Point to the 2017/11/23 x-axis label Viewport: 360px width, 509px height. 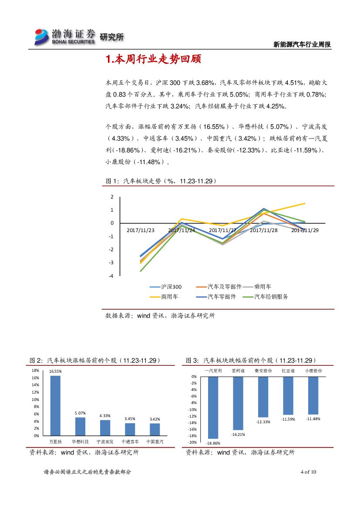(x=140, y=230)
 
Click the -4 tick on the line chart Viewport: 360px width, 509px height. (x=111, y=276)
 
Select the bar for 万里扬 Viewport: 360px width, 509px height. (x=55, y=405)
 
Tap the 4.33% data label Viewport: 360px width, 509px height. (x=105, y=416)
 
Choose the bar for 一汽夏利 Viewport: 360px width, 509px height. (x=213, y=408)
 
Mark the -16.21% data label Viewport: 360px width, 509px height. (x=238, y=435)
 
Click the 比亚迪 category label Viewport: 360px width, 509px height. (x=288, y=371)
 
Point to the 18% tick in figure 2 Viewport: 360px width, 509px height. (x=36, y=371)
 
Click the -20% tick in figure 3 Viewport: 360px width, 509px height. (x=192, y=442)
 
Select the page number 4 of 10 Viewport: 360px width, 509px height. (x=308, y=472)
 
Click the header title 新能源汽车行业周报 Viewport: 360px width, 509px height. (x=302, y=44)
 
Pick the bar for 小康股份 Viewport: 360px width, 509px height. (x=313, y=395)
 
